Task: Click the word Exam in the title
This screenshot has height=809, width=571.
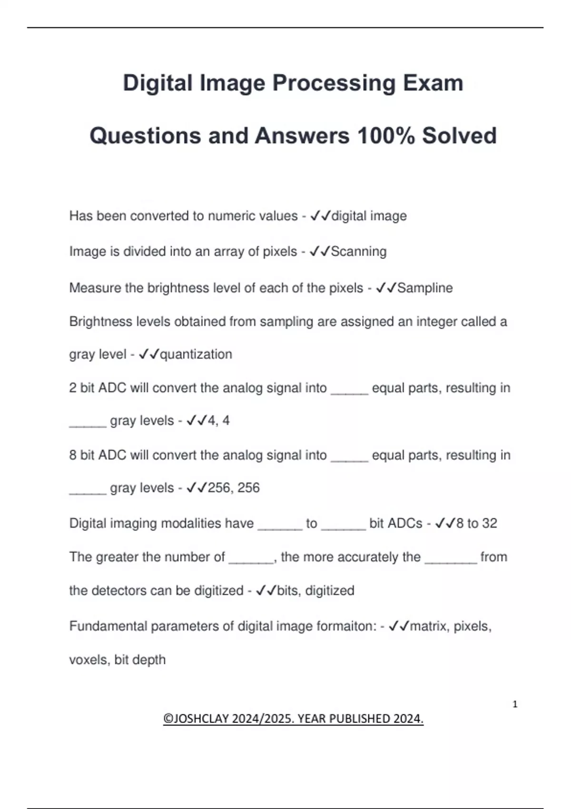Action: (433, 83)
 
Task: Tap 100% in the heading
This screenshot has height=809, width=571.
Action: (385, 136)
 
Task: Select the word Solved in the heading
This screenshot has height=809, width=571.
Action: (459, 136)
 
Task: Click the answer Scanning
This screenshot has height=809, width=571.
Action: (358, 251)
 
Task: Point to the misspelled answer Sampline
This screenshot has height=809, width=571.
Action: (425, 288)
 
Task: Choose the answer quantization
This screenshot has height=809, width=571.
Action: (196, 355)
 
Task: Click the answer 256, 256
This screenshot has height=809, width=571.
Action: (234, 488)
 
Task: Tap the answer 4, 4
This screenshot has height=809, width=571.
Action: (218, 421)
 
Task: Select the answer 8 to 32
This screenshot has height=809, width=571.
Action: (476, 523)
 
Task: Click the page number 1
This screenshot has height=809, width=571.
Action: (515, 704)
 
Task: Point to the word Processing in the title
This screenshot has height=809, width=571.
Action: (334, 83)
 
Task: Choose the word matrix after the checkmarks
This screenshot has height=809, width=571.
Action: (428, 626)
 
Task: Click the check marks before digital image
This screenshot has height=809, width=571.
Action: (320, 216)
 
